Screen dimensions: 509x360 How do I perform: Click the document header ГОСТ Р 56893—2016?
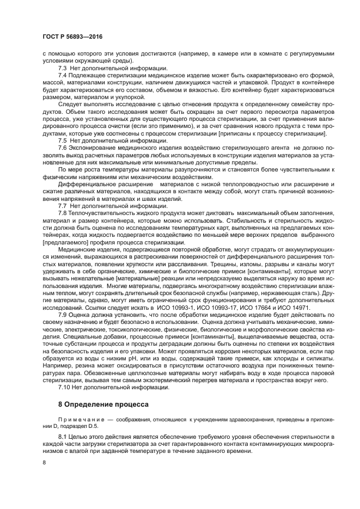pyautogui.click(x=72, y=36)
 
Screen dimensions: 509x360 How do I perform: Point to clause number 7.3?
pyautogui.click(x=62, y=68)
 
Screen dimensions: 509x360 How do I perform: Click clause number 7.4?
pyautogui.click(x=62, y=75)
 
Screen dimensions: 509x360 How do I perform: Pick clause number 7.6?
pyautogui.click(x=62, y=148)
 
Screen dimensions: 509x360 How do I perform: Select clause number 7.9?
pyautogui.click(x=62, y=315)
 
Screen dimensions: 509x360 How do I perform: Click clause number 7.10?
pyautogui.click(x=64, y=387)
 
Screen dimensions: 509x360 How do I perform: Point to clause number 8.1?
pyautogui.click(x=62, y=437)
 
